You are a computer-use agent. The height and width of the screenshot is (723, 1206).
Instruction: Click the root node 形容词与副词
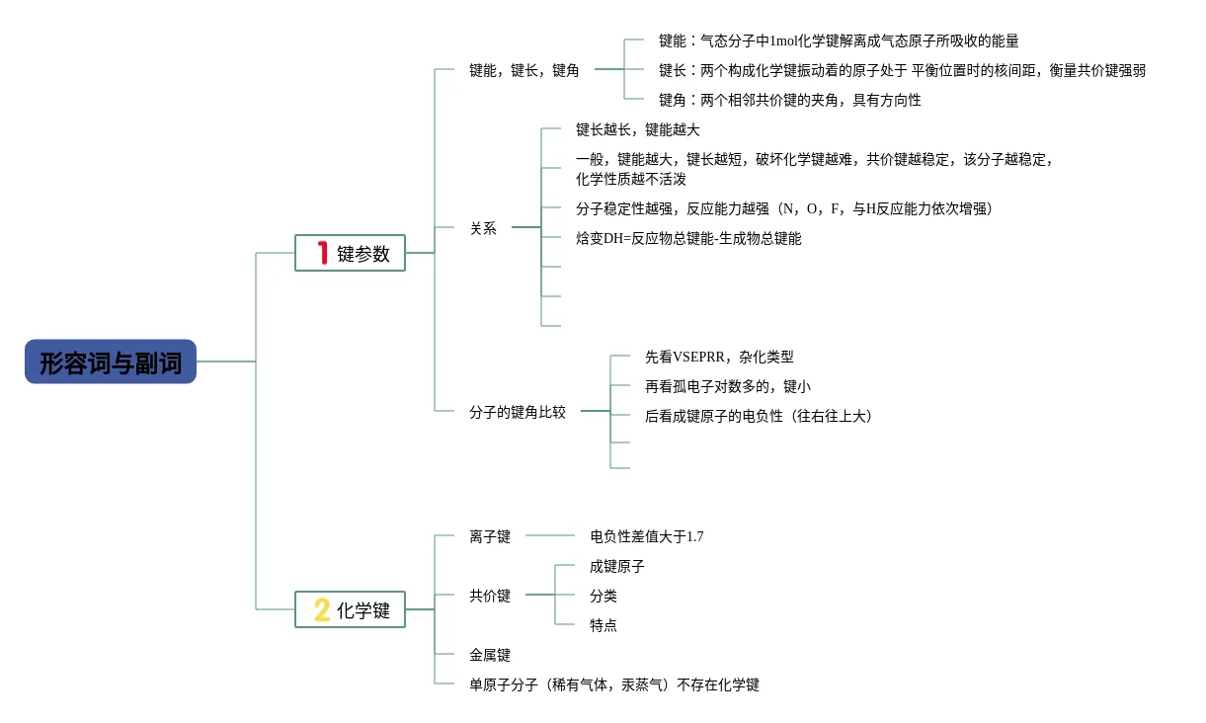point(111,362)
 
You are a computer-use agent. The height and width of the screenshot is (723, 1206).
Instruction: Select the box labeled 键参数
point(351,253)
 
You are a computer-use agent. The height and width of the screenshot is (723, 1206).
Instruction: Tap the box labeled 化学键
point(351,609)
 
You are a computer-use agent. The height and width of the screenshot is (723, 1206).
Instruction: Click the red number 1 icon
point(322,253)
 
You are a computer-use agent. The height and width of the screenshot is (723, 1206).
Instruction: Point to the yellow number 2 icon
point(322,609)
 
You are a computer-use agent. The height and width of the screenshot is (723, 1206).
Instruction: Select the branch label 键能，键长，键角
point(523,70)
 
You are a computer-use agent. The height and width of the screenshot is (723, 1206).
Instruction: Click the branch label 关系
point(483,228)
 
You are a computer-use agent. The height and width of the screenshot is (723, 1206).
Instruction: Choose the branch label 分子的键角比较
point(518,412)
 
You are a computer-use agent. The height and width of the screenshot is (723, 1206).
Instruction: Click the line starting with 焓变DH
point(688,238)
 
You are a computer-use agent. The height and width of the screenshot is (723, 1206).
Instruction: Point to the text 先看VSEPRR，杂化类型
point(719,357)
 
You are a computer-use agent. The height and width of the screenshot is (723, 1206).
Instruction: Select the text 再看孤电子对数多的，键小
point(727,386)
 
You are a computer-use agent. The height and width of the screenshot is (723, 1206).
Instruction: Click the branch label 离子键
point(490,536)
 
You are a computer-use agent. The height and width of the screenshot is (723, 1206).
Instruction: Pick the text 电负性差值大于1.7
point(646,536)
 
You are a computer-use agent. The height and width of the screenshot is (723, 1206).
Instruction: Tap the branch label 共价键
point(490,596)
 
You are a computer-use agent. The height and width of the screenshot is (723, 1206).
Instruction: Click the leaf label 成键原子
point(616,566)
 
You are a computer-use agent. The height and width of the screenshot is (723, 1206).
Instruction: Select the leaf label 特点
point(603,625)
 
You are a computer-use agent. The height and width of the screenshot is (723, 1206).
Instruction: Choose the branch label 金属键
point(490,655)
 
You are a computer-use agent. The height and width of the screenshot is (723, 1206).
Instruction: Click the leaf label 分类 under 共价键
point(603,596)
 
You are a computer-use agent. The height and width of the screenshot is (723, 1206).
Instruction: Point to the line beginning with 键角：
point(789,100)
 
